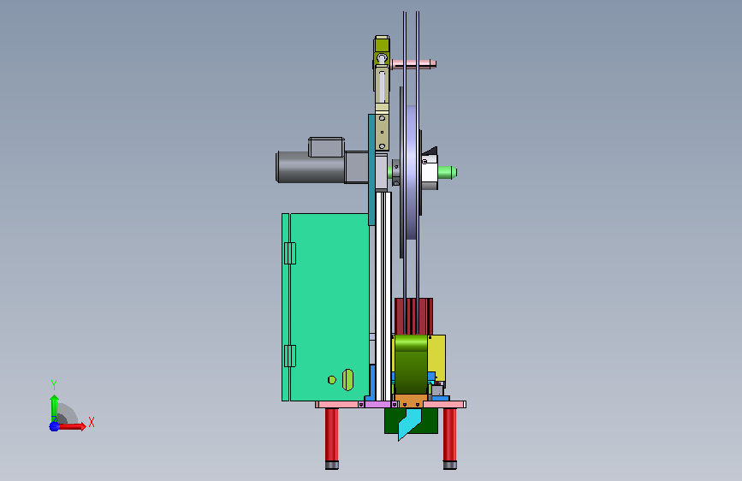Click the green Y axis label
pos(54,384)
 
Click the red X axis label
pos(92,422)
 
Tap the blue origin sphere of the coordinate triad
pos(54,426)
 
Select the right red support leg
pos(449,435)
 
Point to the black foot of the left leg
pos(332,466)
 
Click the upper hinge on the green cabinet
pos(290,253)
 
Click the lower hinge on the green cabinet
pos(290,356)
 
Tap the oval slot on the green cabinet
pos(347,380)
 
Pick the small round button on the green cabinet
pos(332,380)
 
